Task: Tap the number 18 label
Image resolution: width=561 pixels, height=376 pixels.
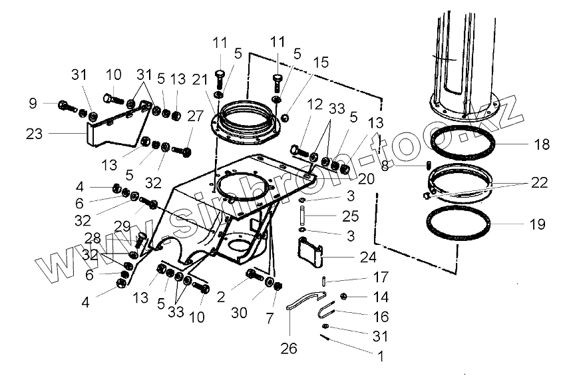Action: coord(542,144)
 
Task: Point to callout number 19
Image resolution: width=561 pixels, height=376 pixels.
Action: coord(536,225)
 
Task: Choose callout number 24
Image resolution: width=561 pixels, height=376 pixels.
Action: coord(367,256)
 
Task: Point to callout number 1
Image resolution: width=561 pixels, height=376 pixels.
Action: coord(380,356)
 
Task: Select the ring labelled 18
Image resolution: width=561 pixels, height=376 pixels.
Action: coord(462,143)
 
